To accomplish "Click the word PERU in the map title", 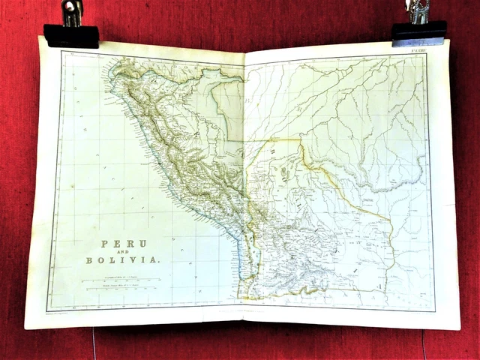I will [124, 244].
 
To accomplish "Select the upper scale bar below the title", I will [120, 280].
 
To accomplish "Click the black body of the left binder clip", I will [71, 35].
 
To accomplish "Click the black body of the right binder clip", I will [418, 32].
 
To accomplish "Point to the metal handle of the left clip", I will [73, 11].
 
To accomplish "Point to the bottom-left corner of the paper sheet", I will [25, 327].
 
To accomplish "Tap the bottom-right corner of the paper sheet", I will [459, 328].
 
